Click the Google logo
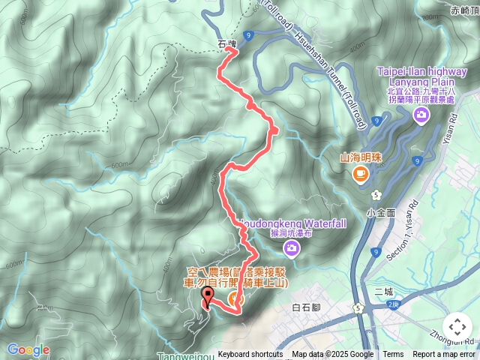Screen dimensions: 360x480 (x=28, y=349)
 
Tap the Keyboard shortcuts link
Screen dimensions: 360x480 (x=250, y=355)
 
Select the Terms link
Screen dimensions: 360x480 (x=393, y=355)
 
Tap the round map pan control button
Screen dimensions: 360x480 (x=457, y=327)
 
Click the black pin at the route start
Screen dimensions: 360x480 (x=208, y=298)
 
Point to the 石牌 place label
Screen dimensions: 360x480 (x=226, y=44)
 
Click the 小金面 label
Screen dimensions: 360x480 (x=381, y=213)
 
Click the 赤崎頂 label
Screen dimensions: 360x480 (x=465, y=10)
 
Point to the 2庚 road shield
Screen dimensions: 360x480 (x=394, y=304)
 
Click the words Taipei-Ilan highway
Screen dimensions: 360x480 (x=413, y=72)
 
